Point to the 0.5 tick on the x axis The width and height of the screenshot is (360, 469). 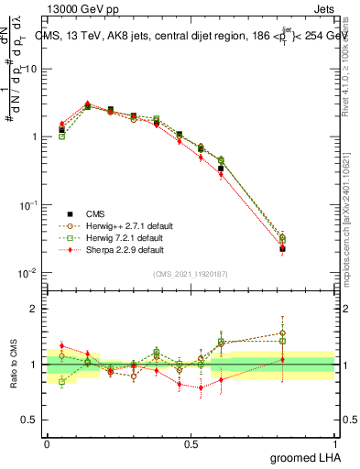pyautogui.click(x=191, y=443)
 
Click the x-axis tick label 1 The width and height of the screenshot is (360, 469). pyautogui.click(x=336, y=443)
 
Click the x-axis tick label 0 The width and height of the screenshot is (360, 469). pyautogui.click(x=47, y=443)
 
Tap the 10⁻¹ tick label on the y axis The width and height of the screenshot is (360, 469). pyautogui.click(x=31, y=205)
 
